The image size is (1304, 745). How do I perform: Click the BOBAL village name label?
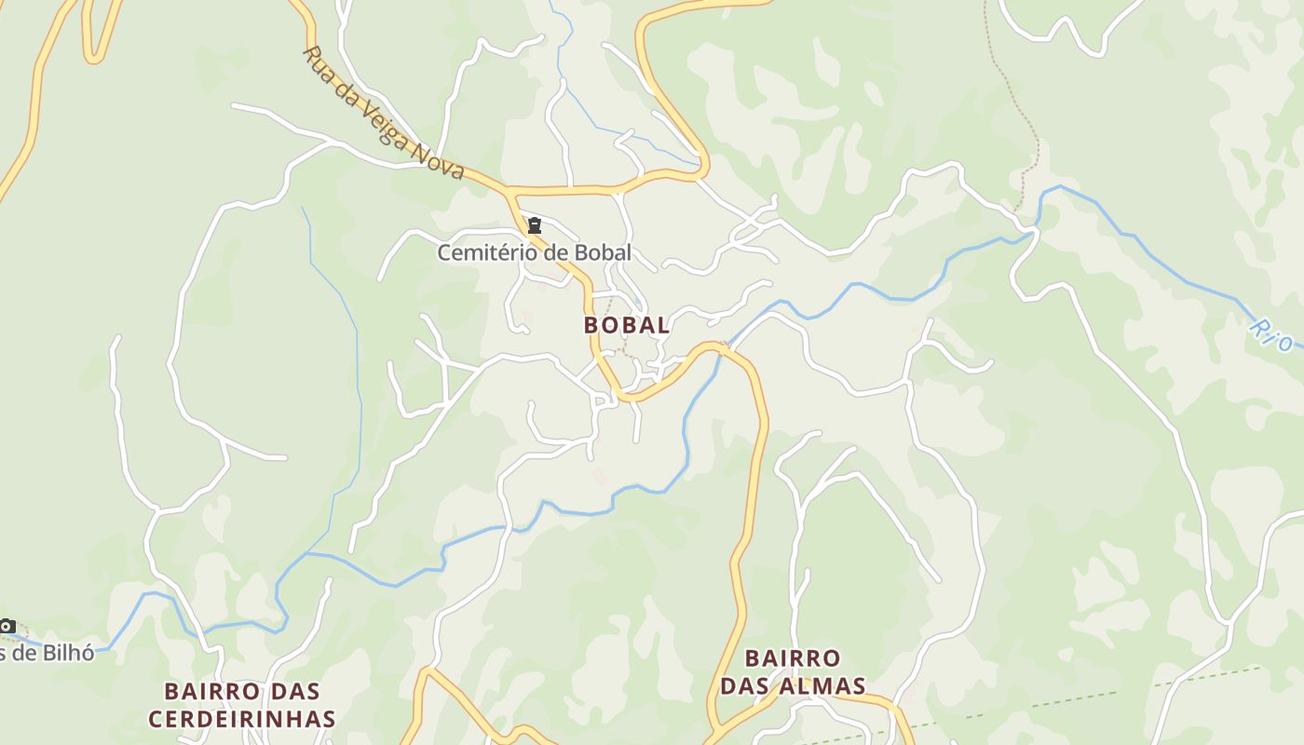tap(627, 325)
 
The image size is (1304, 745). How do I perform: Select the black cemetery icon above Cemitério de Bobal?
tap(535, 225)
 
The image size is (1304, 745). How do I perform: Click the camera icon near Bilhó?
tap(7, 626)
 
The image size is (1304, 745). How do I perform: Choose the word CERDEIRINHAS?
tap(241, 719)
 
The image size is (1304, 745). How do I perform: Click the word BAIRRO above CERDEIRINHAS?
tap(210, 692)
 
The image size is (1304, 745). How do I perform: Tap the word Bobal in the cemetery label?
tap(603, 252)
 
